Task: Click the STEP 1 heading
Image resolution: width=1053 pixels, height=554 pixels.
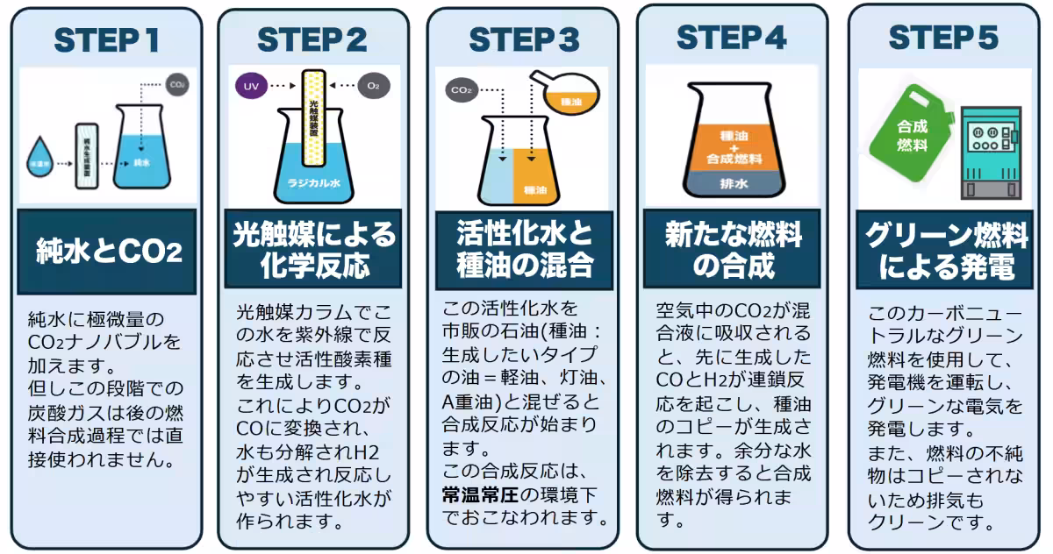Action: click(x=107, y=40)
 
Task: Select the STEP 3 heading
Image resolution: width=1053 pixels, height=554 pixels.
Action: click(x=524, y=40)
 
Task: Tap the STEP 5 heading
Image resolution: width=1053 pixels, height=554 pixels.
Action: click(x=943, y=38)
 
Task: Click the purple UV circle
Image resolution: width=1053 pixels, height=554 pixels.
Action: click(x=250, y=87)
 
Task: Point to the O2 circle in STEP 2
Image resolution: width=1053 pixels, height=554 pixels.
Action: click(x=373, y=87)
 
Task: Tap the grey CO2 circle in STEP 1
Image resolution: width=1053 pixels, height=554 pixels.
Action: click(x=176, y=86)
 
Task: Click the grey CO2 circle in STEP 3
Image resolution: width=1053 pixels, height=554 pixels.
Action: click(x=461, y=90)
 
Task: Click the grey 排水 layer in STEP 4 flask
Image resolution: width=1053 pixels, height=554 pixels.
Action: click(x=734, y=184)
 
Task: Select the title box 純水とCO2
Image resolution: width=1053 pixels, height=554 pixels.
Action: click(x=107, y=252)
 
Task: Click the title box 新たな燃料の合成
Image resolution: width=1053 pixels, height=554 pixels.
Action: click(x=733, y=248)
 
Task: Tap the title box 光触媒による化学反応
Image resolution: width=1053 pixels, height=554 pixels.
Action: click(x=313, y=248)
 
